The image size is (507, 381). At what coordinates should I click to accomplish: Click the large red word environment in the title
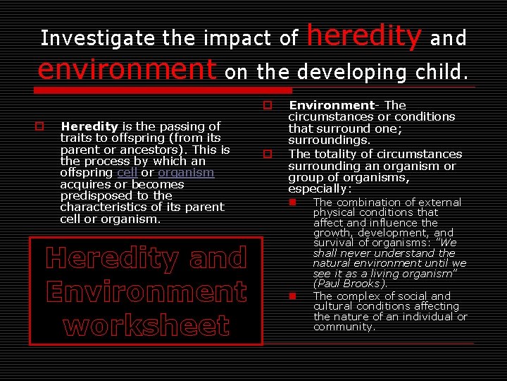(x=127, y=69)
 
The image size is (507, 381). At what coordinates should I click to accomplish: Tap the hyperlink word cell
(x=127, y=173)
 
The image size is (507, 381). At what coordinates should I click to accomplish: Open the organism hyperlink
(x=186, y=173)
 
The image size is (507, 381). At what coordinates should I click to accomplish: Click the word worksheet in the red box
(x=146, y=325)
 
